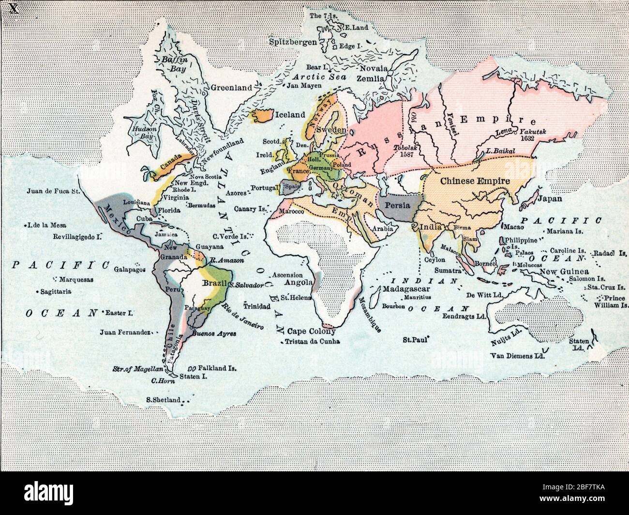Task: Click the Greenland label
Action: point(231,88)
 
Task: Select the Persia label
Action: point(397,205)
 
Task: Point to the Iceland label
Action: point(290,115)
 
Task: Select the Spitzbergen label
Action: point(293,42)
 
